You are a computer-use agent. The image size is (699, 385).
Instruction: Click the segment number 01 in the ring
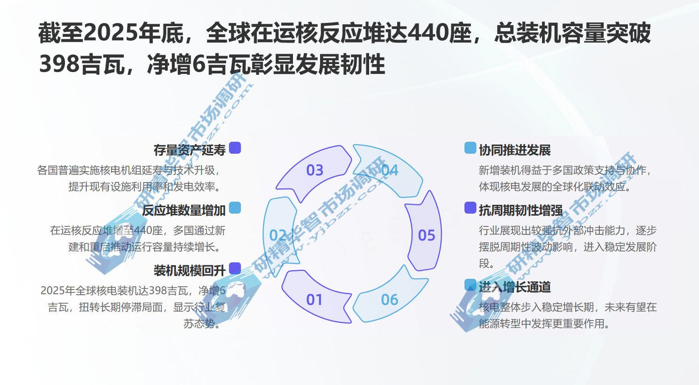tap(314, 299)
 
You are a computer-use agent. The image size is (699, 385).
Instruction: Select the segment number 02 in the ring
tap(278, 235)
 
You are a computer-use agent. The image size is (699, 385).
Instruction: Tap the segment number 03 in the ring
tap(315, 170)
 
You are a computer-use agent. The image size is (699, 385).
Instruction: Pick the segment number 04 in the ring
tap(390, 170)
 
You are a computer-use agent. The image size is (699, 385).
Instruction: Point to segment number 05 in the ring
tap(427, 235)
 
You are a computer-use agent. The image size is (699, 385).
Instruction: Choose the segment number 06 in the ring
tap(390, 299)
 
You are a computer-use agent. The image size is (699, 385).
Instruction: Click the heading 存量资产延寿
tap(189, 150)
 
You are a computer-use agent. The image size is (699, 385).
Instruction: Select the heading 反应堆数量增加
tap(184, 211)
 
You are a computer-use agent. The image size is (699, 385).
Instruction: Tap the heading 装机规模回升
tap(189, 270)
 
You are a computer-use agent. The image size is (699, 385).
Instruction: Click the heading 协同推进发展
tap(515, 150)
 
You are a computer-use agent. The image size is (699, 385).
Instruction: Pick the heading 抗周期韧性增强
tap(521, 211)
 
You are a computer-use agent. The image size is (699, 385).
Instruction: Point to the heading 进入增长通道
tap(515, 287)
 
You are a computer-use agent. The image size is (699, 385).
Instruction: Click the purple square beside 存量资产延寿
tap(235, 148)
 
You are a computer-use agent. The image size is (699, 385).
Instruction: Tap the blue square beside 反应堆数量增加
tap(235, 208)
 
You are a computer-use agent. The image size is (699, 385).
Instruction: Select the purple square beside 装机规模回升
tap(235, 268)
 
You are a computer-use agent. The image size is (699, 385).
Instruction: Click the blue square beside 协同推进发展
tap(470, 148)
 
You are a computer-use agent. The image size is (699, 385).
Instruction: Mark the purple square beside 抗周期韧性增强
tap(470, 208)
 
